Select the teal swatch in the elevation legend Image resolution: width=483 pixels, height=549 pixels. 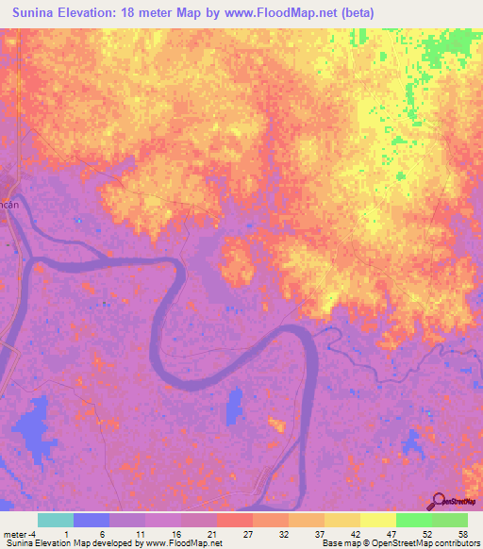(55, 520)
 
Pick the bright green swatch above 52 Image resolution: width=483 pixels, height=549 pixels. (414, 520)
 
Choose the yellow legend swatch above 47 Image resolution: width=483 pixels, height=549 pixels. (378, 520)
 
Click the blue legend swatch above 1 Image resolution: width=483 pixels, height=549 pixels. (92, 520)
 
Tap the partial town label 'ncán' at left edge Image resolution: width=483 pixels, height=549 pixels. (9, 204)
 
